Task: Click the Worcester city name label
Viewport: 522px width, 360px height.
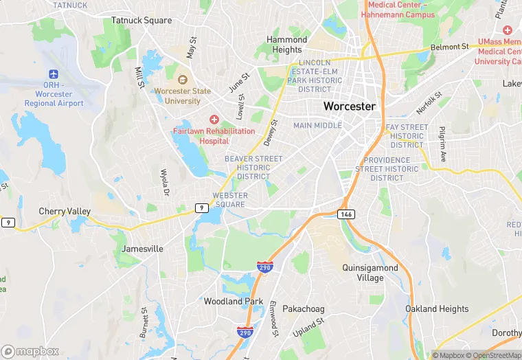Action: tap(350, 106)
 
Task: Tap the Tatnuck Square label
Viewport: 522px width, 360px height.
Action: tap(141, 20)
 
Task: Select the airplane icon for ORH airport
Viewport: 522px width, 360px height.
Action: tap(54, 74)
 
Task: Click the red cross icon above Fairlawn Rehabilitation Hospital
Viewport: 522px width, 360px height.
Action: tap(214, 120)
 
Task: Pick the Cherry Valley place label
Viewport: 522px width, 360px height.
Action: tap(65, 212)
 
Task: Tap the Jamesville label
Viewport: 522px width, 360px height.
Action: tap(142, 249)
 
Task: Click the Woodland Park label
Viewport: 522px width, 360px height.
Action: tap(234, 301)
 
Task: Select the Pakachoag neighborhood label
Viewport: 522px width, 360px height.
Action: tap(303, 309)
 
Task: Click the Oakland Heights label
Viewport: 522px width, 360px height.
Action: tap(437, 308)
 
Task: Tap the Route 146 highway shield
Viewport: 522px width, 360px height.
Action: tap(346, 215)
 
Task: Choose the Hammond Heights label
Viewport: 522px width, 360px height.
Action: tap(287, 45)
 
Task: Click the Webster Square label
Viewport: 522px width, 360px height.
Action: tap(229, 200)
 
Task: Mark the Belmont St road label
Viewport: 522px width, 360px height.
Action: tap(449, 47)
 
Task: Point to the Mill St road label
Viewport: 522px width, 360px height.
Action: tap(139, 78)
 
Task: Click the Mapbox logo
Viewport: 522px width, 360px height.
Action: tap(30, 351)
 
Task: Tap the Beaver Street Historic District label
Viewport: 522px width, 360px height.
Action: tap(253, 168)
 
